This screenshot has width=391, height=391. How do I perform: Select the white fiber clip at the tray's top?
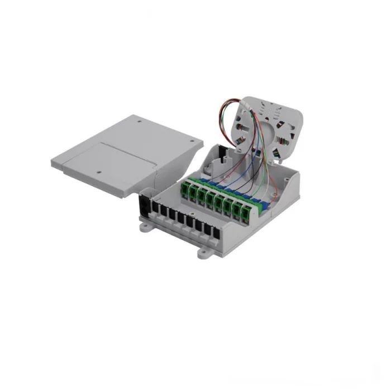tap(248, 104)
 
